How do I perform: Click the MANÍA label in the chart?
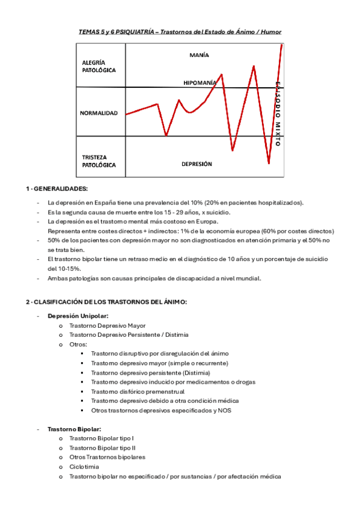point(198,55)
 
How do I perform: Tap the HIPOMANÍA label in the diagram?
point(201,82)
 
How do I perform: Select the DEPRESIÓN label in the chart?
point(197,163)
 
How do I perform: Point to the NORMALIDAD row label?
point(99,112)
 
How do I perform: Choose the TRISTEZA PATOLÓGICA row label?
point(99,161)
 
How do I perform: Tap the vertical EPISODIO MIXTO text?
point(278,114)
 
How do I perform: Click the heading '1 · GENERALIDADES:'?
point(56,189)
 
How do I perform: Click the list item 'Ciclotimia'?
point(84,467)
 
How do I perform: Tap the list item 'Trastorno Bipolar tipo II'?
point(102,447)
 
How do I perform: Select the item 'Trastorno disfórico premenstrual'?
point(138,392)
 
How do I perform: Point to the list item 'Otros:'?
point(78,344)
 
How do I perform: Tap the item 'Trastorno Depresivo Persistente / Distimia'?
point(128,334)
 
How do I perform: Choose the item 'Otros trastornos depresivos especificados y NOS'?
point(160,410)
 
